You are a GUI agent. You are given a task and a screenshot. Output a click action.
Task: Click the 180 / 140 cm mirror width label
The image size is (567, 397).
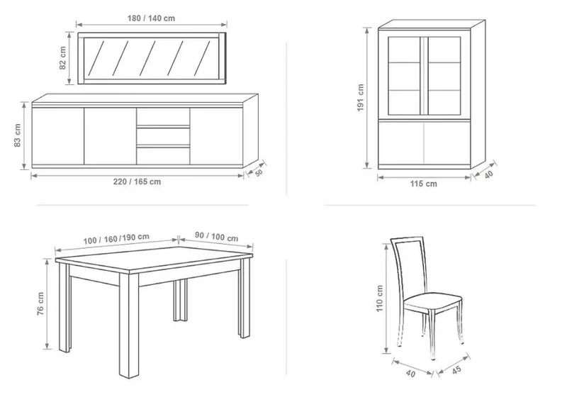tap(151, 18)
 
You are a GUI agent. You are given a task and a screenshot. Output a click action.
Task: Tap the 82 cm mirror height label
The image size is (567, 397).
tap(62, 58)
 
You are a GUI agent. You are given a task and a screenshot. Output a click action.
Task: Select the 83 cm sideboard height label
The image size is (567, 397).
tap(17, 135)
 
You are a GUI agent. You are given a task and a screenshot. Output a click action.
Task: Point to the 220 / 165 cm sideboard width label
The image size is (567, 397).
tap(137, 181)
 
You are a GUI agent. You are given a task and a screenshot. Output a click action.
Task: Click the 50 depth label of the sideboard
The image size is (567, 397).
tap(259, 173)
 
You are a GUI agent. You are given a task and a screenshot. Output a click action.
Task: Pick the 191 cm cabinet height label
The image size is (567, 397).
tap(361, 98)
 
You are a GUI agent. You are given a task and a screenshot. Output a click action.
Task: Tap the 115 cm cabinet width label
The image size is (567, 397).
tap(423, 184)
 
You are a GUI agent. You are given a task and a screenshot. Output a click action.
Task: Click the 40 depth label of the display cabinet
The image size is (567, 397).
tap(488, 174)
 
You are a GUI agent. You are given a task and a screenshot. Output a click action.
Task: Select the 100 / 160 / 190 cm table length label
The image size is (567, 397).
tap(116, 239)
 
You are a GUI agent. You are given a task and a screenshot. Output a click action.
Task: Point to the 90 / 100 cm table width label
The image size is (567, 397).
tap(217, 237)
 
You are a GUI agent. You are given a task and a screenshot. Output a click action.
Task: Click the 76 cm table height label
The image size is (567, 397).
tap(40, 303)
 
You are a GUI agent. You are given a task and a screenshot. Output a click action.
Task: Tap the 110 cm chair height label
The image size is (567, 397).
tap(379, 298)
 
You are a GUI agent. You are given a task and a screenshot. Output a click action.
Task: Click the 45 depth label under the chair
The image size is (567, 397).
tap(456, 370)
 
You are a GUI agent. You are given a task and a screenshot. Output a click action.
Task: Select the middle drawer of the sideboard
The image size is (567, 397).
tap(163, 136)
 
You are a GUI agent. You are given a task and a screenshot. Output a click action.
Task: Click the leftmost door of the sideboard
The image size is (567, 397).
tap(58, 136)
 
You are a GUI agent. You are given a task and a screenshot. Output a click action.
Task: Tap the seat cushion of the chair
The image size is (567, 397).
tap(433, 301)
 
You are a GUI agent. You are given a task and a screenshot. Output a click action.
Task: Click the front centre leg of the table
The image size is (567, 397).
tap(129, 325)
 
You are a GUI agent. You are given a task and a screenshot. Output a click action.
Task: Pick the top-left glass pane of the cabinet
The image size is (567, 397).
tap(404, 50)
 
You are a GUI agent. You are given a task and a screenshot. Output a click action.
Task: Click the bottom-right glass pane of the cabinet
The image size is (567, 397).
tap(444, 102)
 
